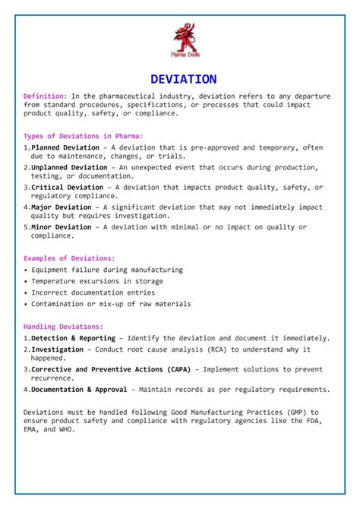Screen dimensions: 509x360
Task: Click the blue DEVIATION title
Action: [x=184, y=79]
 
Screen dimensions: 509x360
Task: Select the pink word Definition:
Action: [x=46, y=96]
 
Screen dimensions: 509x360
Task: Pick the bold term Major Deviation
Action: [x=62, y=207]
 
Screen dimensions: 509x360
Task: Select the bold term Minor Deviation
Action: [x=62, y=226]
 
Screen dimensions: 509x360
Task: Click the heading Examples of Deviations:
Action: [x=69, y=259]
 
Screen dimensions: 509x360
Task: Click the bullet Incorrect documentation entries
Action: [x=93, y=292]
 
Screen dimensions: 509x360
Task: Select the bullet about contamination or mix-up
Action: [x=111, y=304]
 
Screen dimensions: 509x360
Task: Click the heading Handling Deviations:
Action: [x=64, y=327]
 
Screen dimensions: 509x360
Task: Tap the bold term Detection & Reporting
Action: [x=74, y=338]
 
